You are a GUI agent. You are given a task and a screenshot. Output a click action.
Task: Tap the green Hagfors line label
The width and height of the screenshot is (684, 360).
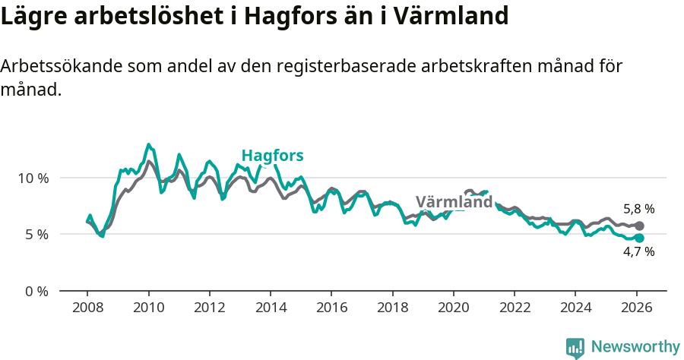point(272,156)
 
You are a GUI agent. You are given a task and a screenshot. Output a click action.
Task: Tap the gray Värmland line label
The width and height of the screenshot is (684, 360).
point(454,202)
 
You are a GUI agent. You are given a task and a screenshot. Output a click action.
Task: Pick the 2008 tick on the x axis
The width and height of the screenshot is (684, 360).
point(87,308)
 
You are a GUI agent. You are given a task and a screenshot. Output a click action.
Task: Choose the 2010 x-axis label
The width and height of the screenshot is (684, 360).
point(148,308)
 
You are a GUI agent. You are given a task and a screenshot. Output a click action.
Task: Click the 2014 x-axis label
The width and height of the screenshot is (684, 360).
point(271,308)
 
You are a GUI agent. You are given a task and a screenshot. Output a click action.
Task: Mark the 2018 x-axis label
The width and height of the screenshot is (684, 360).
point(392,308)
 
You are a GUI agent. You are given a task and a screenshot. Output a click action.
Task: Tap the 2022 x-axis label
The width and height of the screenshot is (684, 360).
point(515,308)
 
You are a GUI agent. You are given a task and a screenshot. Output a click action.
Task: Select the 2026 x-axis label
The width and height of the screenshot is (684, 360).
point(636,308)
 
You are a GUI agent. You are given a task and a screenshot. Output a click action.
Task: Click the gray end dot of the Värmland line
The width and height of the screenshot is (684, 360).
point(639,226)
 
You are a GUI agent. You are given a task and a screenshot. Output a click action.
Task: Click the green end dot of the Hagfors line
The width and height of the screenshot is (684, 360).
point(639,238)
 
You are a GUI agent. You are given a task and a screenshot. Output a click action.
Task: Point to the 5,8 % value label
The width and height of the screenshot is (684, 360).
point(638,209)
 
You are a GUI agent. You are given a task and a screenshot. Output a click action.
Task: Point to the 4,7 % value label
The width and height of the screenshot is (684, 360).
point(638,252)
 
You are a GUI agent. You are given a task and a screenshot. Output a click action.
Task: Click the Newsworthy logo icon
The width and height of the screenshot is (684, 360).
point(575,347)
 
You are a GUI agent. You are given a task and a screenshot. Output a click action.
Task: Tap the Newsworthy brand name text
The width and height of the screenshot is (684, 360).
point(635,347)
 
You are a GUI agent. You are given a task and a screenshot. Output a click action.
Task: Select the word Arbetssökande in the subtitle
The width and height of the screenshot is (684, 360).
point(51,67)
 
